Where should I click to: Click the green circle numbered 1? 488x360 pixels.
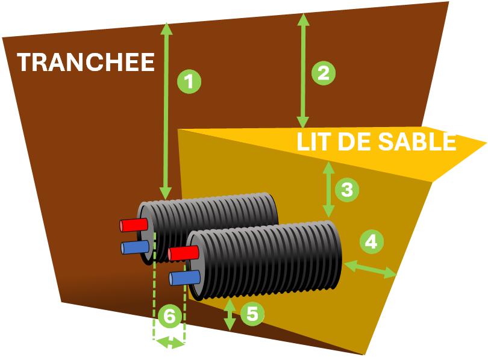coord(189,81)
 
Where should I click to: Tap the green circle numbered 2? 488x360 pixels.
coord(323,73)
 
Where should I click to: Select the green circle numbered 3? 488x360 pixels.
coord(347,190)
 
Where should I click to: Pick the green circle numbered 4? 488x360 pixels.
coord(371,242)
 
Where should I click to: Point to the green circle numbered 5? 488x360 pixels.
coord(252,314)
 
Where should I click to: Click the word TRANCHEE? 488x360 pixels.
coord(86,62)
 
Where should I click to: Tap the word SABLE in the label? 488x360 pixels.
coord(417,141)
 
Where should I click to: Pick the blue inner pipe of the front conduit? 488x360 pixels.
coord(184,277)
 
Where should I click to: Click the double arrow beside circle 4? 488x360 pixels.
coord(370,268)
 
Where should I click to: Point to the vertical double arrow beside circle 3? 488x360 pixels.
coord(328,189)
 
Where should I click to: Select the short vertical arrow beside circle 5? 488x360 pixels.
coord(230,314)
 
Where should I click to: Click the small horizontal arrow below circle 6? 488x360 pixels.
coord(169,343)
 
